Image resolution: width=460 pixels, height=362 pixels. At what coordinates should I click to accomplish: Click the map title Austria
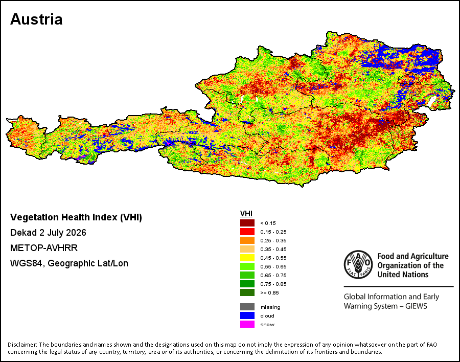coord(36,19)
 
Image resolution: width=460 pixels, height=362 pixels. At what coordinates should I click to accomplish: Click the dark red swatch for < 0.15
coord(247,223)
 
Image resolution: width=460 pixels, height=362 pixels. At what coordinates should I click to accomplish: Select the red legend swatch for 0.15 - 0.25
coord(247,232)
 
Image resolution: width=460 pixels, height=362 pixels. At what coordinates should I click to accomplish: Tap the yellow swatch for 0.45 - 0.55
coord(247,258)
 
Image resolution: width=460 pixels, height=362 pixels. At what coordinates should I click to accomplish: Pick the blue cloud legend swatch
coord(247,315)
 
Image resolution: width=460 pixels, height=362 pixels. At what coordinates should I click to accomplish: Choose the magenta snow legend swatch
coord(247,325)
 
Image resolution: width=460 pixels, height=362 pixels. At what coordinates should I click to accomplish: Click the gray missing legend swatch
coord(247,307)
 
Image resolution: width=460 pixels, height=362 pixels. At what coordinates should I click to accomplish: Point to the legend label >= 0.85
coord(269,292)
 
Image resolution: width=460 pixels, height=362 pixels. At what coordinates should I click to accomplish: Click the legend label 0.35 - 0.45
coord(273,250)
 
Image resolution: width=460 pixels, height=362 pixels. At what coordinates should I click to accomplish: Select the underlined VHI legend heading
coord(246,214)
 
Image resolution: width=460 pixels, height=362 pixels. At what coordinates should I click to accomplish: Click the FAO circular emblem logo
coord(358,264)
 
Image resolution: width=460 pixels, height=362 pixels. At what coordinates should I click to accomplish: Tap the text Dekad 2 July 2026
coord(48,233)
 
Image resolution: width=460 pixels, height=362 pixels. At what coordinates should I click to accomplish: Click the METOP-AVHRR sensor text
coord(44,248)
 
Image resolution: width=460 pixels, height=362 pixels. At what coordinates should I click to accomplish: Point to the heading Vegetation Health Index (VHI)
coord(76,217)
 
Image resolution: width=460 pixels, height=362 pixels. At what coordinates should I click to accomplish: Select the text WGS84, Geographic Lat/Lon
coord(69,263)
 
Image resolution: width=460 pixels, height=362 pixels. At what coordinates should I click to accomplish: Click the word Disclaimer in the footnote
coord(22,345)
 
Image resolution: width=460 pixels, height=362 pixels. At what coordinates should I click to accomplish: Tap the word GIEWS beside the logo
coord(416,306)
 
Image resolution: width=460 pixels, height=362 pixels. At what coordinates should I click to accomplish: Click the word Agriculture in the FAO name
coord(430,256)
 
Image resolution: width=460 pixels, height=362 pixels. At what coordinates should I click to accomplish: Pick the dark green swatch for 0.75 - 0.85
coord(247,284)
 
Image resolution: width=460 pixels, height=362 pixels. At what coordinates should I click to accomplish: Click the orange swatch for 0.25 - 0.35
coord(247,240)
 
